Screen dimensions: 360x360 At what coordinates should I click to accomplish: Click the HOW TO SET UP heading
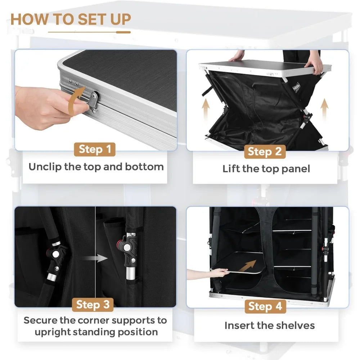71,19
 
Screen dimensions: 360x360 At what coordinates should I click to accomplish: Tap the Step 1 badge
95,149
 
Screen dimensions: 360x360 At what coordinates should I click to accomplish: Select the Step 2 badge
265,152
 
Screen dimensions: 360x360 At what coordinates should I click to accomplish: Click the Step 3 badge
93,305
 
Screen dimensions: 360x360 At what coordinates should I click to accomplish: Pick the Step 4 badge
265,306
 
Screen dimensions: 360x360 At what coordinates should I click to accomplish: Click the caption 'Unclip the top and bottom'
96,167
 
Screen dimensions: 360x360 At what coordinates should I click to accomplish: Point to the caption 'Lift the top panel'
266,169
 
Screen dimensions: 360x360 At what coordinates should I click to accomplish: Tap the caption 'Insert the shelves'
269,325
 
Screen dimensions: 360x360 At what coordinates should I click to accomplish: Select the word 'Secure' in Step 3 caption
41,320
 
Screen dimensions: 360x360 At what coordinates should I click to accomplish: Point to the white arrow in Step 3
94,258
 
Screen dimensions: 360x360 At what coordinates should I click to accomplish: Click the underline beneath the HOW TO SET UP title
89,32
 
